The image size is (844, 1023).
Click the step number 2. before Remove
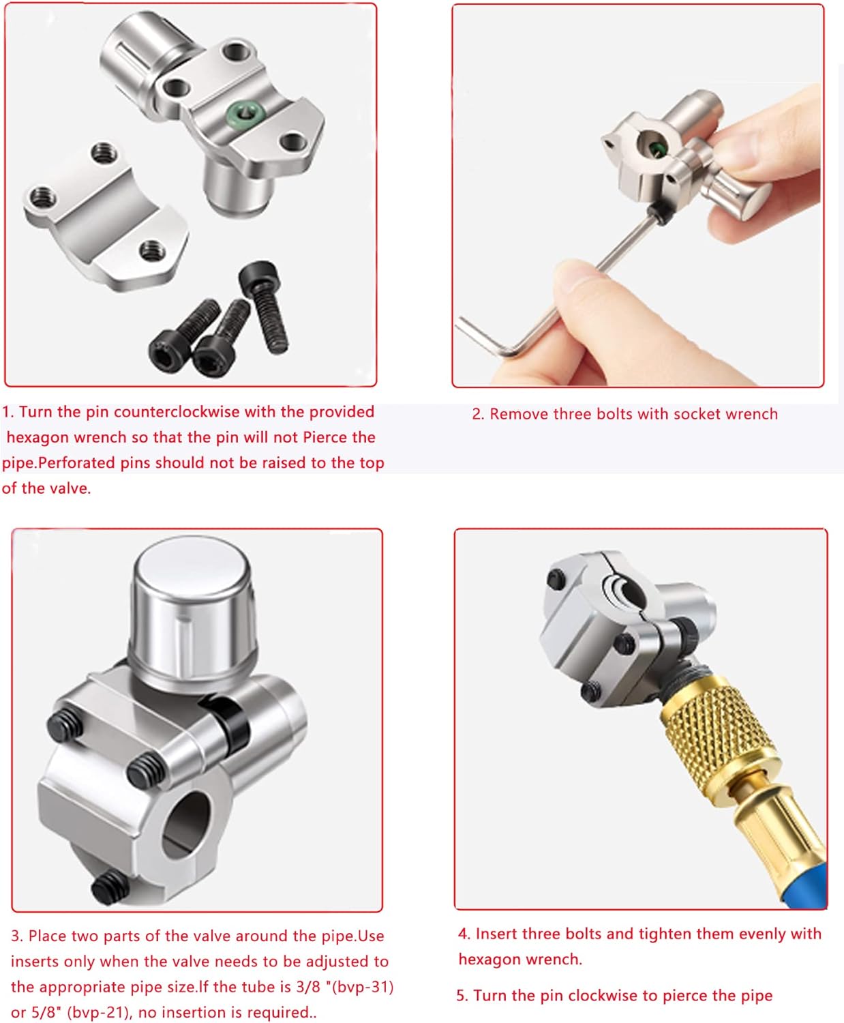coord(478,414)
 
